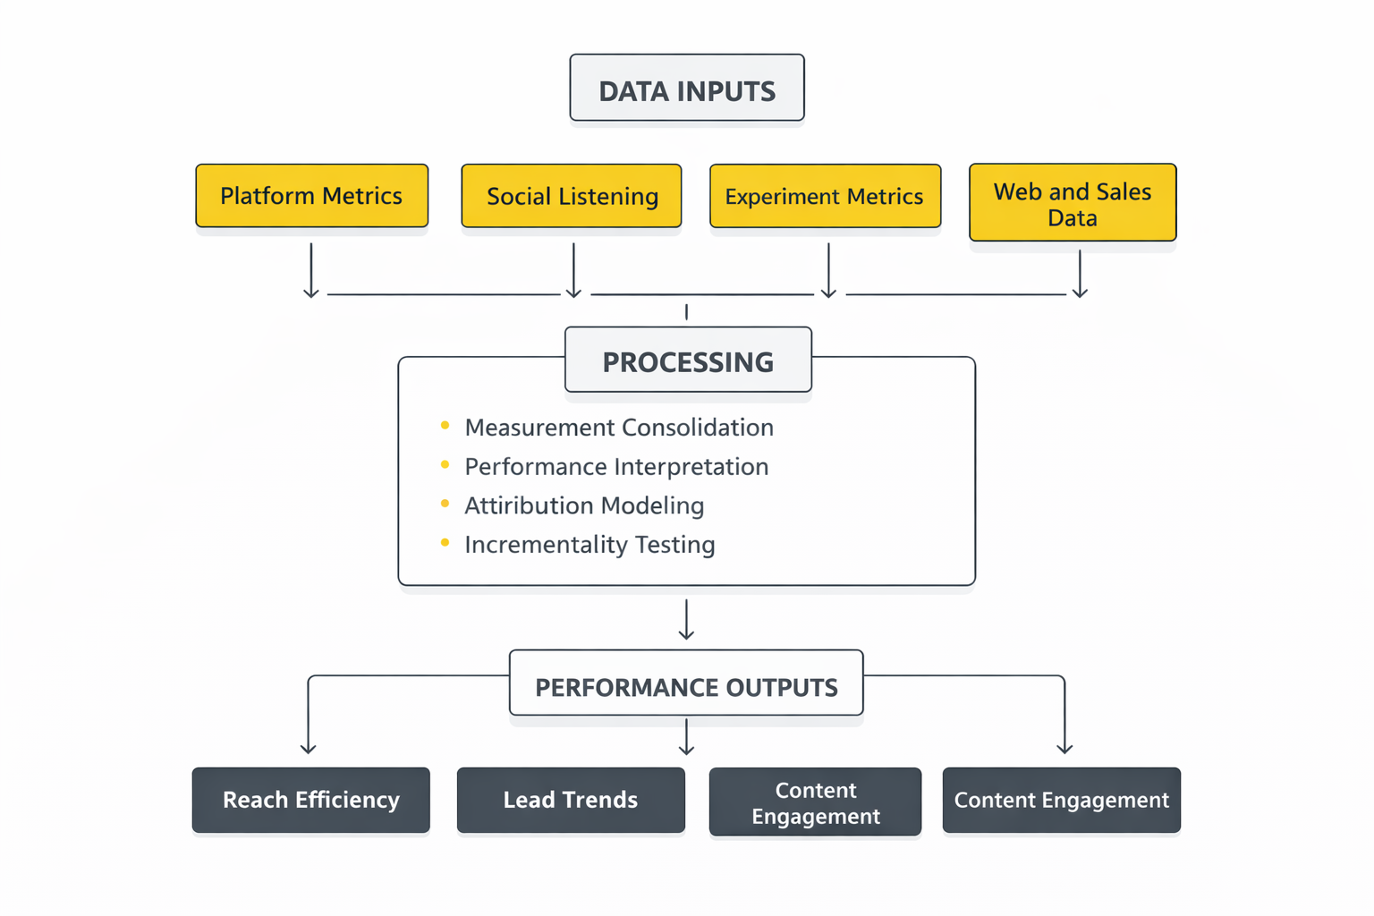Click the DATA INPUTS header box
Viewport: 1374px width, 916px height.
point(687,88)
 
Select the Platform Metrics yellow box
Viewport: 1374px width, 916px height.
point(311,196)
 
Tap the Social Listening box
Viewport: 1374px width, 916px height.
point(572,196)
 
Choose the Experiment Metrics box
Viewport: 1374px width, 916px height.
point(825,196)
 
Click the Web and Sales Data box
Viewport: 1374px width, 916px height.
point(1073,203)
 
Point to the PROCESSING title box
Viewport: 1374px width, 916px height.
point(688,360)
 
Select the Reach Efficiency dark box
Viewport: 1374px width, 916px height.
point(311,800)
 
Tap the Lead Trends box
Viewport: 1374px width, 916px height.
point(571,800)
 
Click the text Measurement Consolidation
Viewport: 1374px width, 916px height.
point(619,428)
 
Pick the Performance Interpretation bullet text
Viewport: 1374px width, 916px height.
point(616,467)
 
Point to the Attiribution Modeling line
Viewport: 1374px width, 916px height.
point(584,506)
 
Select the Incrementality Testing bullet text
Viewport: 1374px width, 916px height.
point(589,545)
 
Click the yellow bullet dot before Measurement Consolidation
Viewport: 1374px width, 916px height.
point(445,426)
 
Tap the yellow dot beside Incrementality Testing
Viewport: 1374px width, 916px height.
point(445,543)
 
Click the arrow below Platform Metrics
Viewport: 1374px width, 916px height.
point(311,270)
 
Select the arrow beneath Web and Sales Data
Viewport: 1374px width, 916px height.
point(1080,274)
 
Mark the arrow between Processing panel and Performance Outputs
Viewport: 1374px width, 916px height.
point(686,620)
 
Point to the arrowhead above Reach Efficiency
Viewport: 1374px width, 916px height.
point(309,747)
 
